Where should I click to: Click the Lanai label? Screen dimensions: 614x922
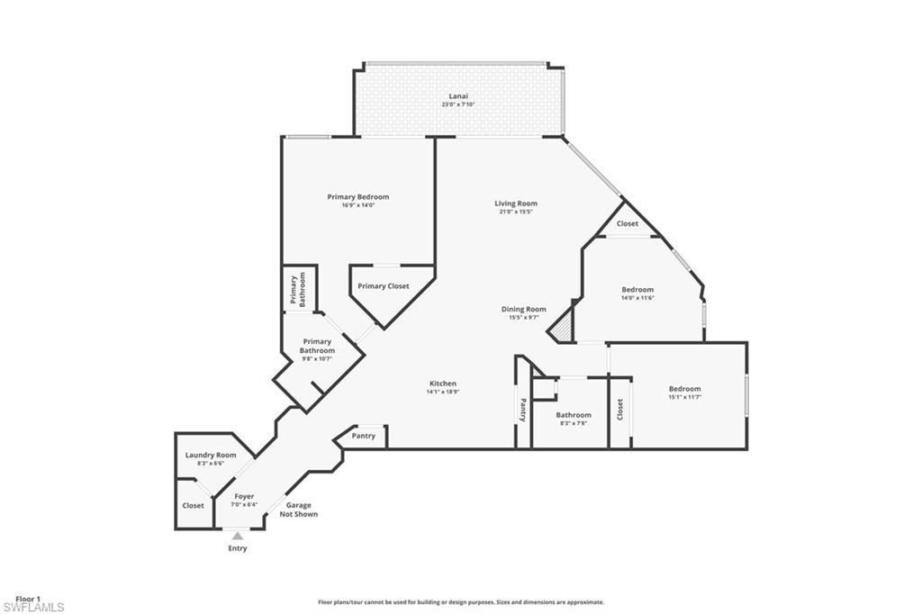(x=458, y=99)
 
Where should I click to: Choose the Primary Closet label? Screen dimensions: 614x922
(x=383, y=286)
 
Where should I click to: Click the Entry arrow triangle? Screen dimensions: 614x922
(x=238, y=536)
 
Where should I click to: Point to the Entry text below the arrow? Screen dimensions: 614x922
(x=237, y=548)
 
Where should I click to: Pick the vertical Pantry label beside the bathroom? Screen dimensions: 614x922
(x=522, y=410)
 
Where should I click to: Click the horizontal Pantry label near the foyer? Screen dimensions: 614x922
(x=364, y=436)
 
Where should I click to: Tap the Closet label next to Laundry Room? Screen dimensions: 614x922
(x=193, y=506)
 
